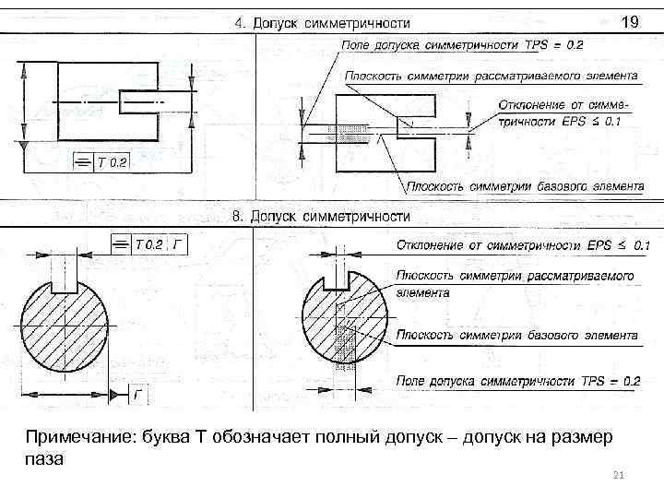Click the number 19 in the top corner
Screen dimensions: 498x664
(x=630, y=19)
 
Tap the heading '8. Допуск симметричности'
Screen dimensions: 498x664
(x=320, y=216)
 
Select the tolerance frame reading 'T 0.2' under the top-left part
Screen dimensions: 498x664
(x=102, y=163)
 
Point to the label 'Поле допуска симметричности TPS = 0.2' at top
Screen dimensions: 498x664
(x=462, y=44)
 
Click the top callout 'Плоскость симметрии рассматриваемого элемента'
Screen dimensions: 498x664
(x=492, y=76)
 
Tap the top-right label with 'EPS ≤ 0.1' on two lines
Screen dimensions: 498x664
(x=561, y=113)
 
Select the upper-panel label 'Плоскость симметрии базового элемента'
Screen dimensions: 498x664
(x=525, y=185)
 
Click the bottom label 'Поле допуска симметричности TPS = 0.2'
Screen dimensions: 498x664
(x=518, y=380)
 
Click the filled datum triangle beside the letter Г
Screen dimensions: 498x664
(x=116, y=396)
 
